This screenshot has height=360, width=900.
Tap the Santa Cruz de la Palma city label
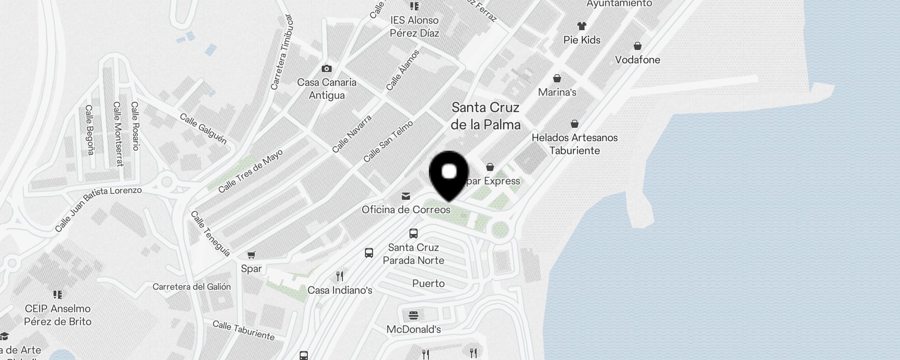tap(486, 116)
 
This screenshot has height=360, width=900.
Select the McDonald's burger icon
tap(414, 315)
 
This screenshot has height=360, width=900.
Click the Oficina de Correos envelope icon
tap(406, 196)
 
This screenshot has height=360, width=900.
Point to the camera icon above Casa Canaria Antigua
tap(327, 68)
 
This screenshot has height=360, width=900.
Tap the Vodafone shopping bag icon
tap(637, 46)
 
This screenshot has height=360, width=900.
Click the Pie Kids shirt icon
tap(582, 26)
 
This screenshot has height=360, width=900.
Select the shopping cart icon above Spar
tap(252, 255)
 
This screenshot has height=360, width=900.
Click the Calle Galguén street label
tap(203, 128)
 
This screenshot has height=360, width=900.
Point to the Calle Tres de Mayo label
tap(250, 171)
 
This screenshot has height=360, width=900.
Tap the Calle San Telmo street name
tap(387, 141)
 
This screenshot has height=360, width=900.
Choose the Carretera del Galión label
tap(192, 287)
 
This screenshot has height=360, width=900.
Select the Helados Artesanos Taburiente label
tap(575, 144)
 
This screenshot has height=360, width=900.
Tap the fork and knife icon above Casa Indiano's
tap(340, 276)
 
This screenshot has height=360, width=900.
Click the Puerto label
tap(428, 283)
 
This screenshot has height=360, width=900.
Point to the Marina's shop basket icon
tap(557, 79)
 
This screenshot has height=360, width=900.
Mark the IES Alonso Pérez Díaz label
tap(414, 27)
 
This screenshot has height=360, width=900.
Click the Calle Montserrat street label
tap(118, 134)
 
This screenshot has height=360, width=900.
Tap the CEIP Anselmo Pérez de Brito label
tap(58, 315)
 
